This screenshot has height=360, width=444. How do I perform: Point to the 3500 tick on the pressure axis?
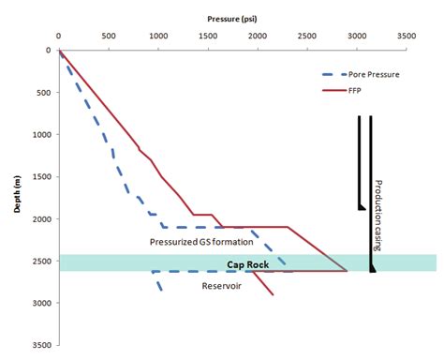406,38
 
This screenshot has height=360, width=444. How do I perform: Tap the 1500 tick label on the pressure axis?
207,38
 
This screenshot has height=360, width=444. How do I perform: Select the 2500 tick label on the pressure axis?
306,38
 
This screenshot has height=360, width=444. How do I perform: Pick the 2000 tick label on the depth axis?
41,219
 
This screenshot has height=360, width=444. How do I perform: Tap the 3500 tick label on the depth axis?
41,346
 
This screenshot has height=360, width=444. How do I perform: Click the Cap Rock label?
248,264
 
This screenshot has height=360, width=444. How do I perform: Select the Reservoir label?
223,286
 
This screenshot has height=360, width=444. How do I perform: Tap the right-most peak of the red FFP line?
347,271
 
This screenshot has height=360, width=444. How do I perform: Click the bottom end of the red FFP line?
274,295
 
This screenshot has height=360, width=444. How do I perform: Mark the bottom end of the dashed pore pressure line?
162,291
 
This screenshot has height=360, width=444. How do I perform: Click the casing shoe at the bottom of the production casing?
373,269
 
